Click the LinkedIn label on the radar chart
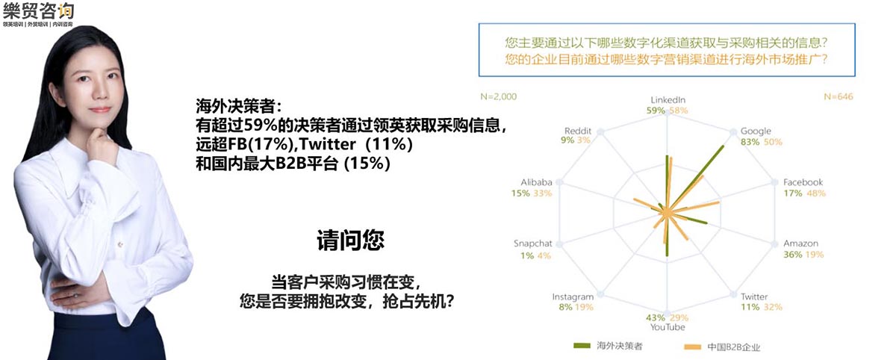pyautogui.click(x=668, y=100)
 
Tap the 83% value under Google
pyautogui.click(x=750, y=142)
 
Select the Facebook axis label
pyautogui.click(x=803, y=182)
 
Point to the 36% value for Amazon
pyautogui.click(x=792, y=255)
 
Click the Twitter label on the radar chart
pyautogui.click(x=754, y=297)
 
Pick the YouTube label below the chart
pyautogui.click(x=668, y=327)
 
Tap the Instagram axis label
pyautogui.click(x=573, y=297)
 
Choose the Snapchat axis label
pyautogui.click(x=532, y=243)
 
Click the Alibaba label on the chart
pyautogui.click(x=536, y=182)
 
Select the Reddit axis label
pyautogui.click(x=578, y=131)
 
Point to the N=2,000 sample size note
pyautogui.click(x=499, y=97)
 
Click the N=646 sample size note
pyautogui.click(x=839, y=97)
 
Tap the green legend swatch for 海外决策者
pyautogui.click(x=582, y=346)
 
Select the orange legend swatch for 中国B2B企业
pyautogui.click(x=692, y=347)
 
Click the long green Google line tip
pyautogui.click(x=724, y=146)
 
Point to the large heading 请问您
pyautogui.click(x=350, y=240)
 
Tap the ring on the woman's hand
pyautogui.click(x=75, y=295)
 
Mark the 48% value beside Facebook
pyautogui.click(x=816, y=193)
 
